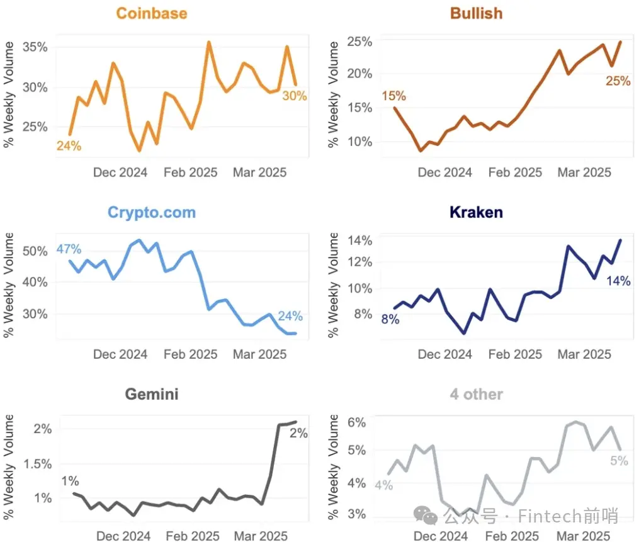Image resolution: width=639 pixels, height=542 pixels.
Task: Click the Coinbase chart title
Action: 151,13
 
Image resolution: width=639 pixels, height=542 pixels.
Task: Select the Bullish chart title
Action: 477,13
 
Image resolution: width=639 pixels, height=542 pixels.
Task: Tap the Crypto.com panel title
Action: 151,212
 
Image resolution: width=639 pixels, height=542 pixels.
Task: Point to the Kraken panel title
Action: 477,212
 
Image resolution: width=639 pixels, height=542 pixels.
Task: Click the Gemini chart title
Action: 151,395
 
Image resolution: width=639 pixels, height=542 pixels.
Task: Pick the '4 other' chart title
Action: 477,395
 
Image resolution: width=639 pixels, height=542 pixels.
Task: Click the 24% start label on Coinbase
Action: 69,146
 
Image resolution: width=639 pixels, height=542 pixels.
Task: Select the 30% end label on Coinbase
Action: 294,96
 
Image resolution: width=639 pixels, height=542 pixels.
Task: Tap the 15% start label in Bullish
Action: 393,96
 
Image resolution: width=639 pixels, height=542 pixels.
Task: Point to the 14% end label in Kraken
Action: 618,281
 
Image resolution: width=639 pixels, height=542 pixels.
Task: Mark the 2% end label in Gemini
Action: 298,433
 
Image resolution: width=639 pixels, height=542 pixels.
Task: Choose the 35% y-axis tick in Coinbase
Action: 35,47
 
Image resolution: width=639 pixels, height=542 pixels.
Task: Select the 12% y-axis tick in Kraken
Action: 359,262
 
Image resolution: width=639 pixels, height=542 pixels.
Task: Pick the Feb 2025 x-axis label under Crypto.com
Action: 190,354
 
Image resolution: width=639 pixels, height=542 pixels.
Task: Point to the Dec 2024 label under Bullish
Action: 445,172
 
